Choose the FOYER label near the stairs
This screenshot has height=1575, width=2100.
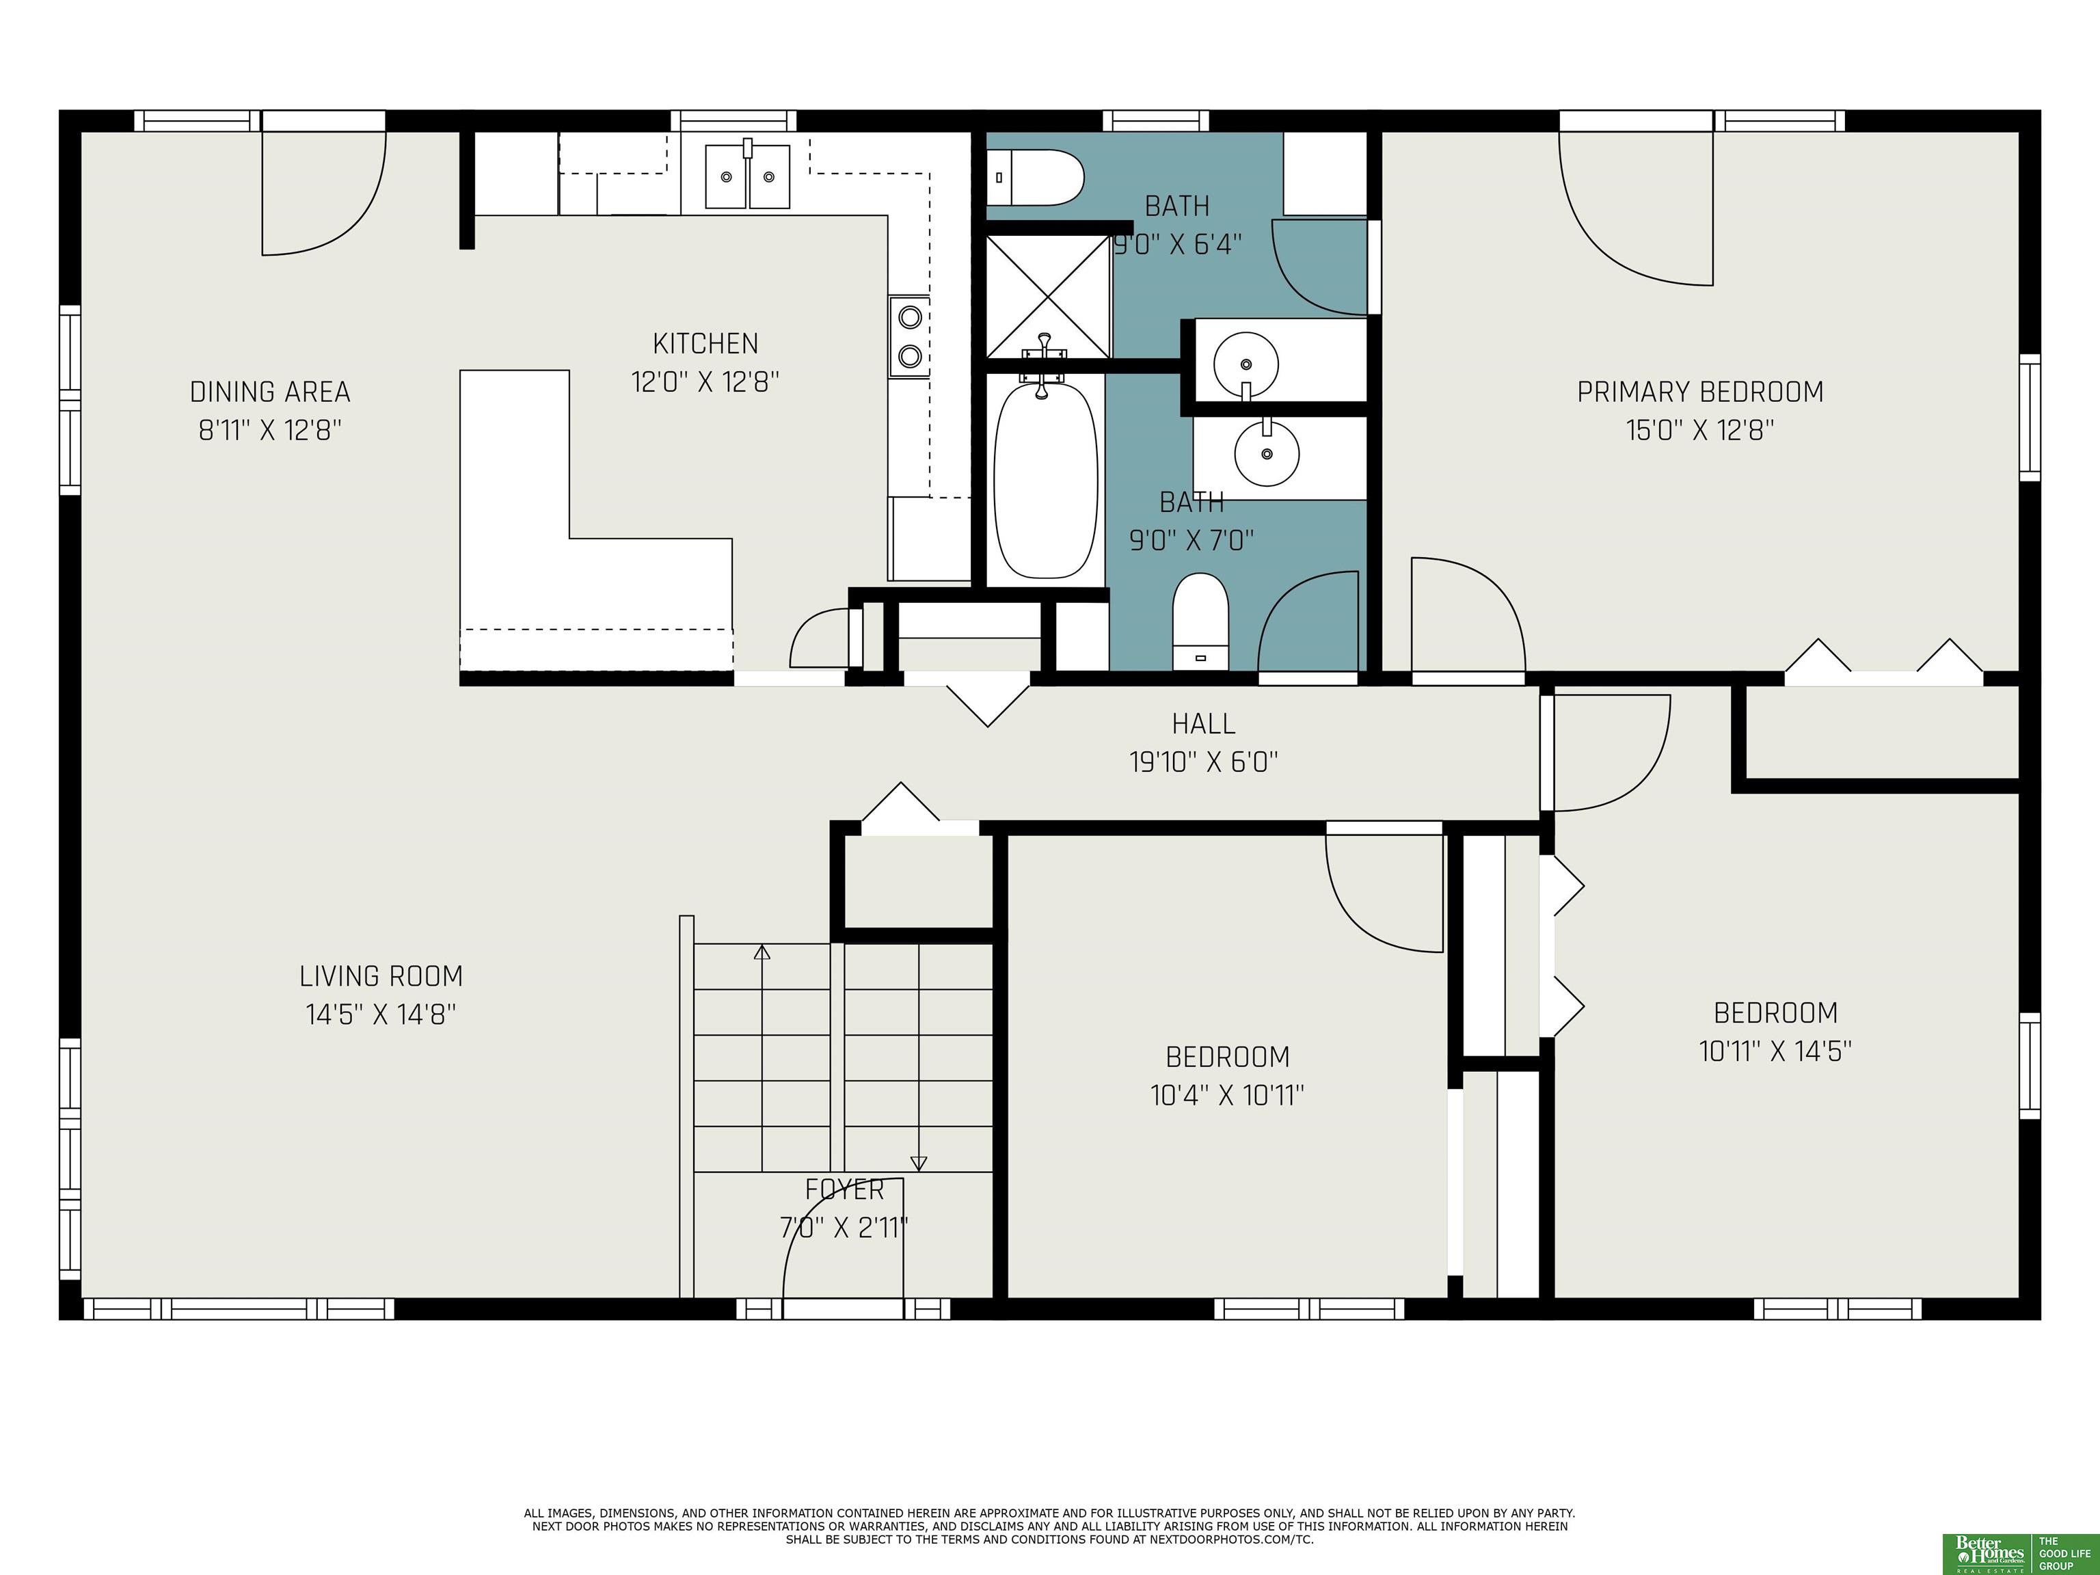845,1189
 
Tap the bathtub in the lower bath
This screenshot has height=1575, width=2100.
1045,479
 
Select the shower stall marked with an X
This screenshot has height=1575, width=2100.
1048,296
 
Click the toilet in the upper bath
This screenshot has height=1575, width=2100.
1036,178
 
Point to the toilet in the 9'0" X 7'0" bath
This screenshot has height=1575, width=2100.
1201,622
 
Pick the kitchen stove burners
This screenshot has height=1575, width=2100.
909,336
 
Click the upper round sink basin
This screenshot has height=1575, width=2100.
1246,364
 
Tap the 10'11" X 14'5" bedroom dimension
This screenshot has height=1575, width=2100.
1775,1051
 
